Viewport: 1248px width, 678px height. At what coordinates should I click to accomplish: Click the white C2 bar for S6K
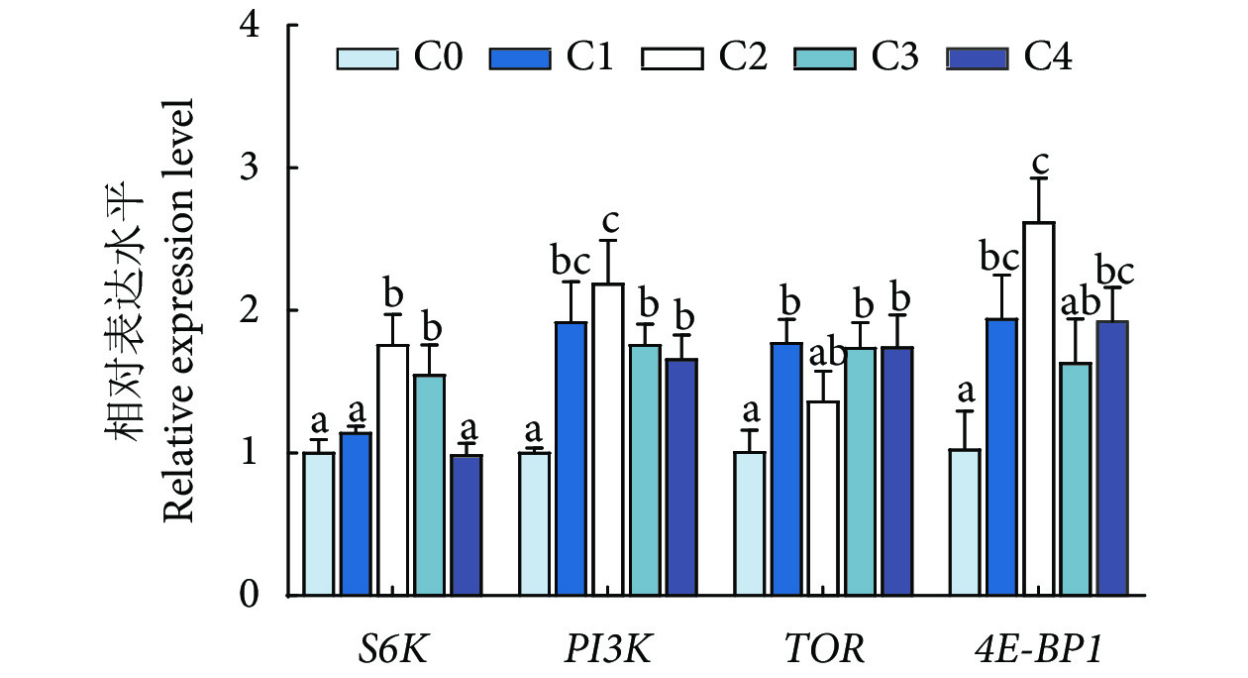(393, 470)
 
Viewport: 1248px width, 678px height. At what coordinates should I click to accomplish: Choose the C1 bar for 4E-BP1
(1002, 457)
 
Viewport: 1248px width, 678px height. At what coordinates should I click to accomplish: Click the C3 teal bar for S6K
(430, 485)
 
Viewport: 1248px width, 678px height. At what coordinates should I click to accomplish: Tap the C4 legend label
(1048, 57)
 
